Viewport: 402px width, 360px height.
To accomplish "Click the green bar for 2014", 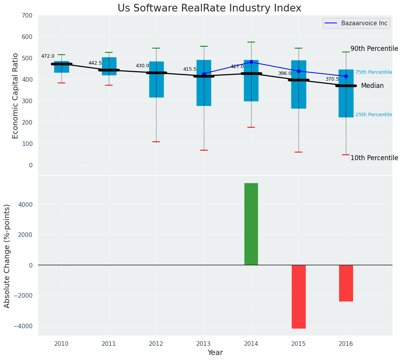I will pos(251,224).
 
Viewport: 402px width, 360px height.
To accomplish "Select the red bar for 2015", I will pos(299,297).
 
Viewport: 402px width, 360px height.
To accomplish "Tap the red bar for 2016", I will pos(346,283).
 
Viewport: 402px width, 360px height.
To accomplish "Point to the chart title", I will pos(209,8).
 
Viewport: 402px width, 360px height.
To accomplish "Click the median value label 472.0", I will pos(48,56).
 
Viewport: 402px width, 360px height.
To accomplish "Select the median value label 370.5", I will pos(332,79).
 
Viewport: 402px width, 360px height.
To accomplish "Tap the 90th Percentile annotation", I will pos(374,49).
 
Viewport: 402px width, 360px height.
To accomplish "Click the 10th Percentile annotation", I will pos(374,158).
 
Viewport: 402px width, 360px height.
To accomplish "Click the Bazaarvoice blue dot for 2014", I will pos(251,62).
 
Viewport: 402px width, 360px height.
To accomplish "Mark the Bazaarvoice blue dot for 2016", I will pos(346,76).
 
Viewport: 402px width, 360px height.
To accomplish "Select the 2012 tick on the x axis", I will pos(156,344).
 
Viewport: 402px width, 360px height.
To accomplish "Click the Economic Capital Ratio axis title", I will pos(16,96).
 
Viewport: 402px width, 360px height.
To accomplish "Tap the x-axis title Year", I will pos(215,353).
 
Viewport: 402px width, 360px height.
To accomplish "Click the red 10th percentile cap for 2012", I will pos(156,142).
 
